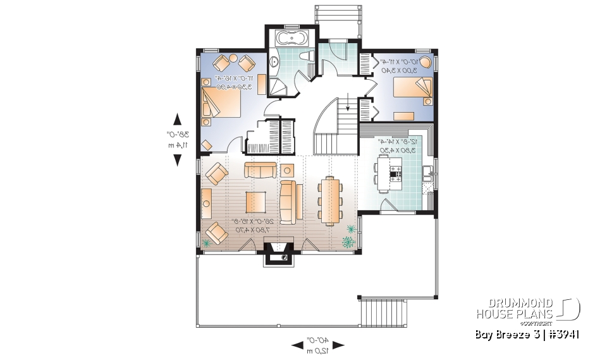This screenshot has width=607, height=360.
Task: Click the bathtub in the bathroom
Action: (291, 38)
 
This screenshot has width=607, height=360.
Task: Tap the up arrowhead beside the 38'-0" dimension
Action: (177, 119)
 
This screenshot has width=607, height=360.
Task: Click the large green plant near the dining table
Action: (348, 242)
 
